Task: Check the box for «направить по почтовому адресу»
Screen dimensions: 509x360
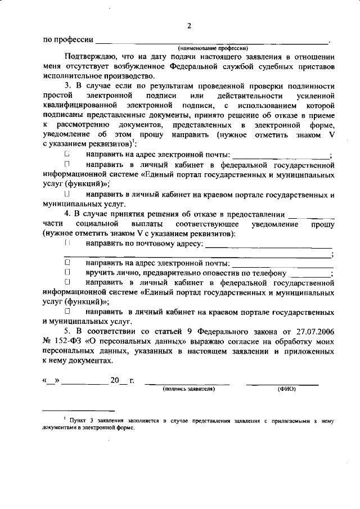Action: click(67, 243)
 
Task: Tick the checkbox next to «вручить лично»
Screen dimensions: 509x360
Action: click(67, 272)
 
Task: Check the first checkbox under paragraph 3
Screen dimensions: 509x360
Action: click(67, 154)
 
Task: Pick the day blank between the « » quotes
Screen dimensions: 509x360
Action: click(51, 381)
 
